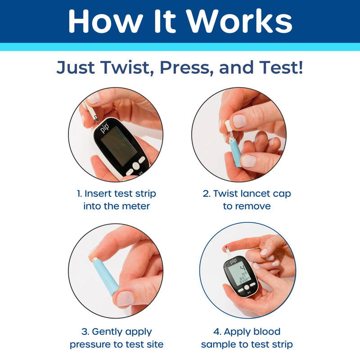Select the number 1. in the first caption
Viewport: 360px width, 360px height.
coord(80,194)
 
